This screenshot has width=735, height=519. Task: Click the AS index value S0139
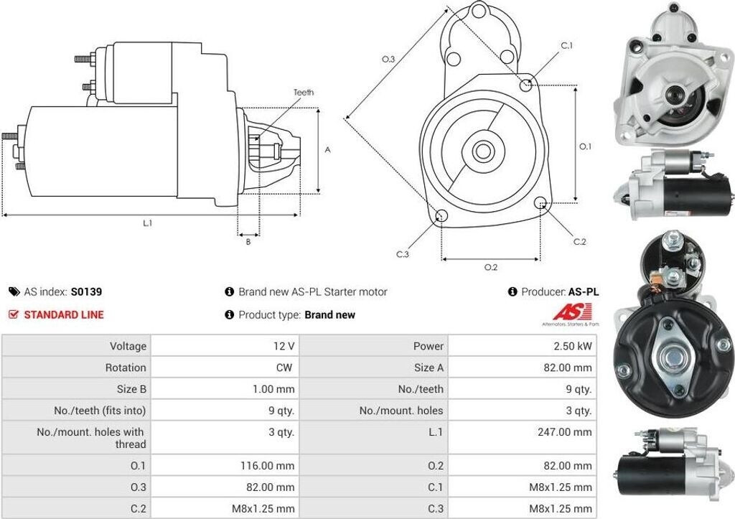pyautogui.click(x=86, y=292)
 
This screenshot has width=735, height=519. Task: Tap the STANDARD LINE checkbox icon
pyautogui.click(x=14, y=314)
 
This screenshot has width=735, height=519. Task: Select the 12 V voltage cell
pyautogui.click(x=285, y=346)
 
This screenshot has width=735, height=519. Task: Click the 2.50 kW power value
pyautogui.click(x=574, y=346)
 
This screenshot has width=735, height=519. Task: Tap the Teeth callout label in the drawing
pyautogui.click(x=304, y=93)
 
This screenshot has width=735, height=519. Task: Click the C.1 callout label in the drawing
pyautogui.click(x=567, y=46)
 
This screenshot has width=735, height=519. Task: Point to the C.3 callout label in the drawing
pyautogui.click(x=403, y=254)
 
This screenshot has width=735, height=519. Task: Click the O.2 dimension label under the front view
pyautogui.click(x=491, y=268)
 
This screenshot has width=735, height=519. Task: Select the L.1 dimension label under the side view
pyautogui.click(x=147, y=224)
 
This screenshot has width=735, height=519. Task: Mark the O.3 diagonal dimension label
pyautogui.click(x=388, y=60)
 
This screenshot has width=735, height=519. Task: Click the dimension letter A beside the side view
pyautogui.click(x=328, y=150)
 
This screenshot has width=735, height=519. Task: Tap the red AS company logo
pyautogui.click(x=572, y=312)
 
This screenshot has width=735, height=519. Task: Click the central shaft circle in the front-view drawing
pyautogui.click(x=482, y=151)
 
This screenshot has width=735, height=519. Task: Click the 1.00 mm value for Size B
pyautogui.click(x=274, y=389)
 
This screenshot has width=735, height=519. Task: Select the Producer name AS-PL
pyautogui.click(x=584, y=292)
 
